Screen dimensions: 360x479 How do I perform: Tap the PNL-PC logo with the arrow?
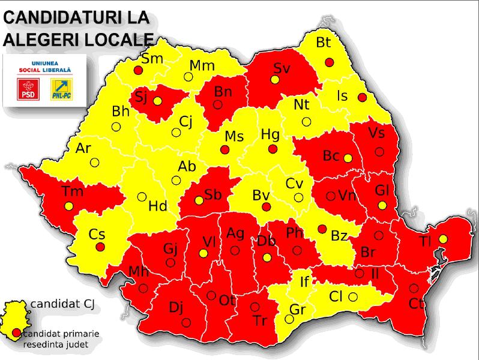coord(61,89)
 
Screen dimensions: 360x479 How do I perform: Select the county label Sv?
coord(282,68)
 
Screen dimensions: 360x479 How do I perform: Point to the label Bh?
coord(121,111)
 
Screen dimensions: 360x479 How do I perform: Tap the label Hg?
coord(271,134)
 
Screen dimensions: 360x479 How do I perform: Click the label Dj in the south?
coord(176,308)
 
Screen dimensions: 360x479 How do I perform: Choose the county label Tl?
coord(426,242)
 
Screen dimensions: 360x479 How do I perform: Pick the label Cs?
coord(97,234)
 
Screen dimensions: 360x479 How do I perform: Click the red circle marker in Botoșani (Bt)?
coord(329,62)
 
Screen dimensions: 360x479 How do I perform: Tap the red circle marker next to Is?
coord(361,97)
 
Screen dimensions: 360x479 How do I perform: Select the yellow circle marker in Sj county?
coord(157,101)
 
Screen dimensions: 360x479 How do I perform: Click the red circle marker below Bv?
coord(266,207)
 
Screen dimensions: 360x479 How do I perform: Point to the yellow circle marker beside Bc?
coord(347,158)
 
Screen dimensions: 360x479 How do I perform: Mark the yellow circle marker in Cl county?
coord(353,296)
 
